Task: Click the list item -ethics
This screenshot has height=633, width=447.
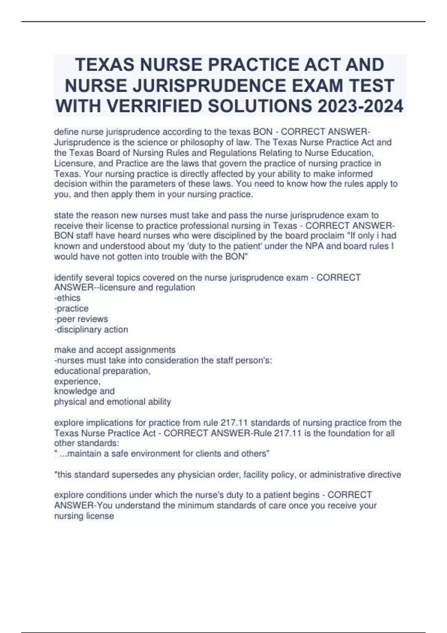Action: [67, 298]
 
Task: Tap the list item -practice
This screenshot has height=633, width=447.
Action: [72, 308]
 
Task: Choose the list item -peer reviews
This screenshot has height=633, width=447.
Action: [81, 319]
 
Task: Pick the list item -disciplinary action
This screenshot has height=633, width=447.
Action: [91, 329]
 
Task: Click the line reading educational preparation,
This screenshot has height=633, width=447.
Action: [102, 371]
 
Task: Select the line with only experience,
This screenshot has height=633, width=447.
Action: [77, 381]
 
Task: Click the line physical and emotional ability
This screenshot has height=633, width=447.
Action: [112, 402]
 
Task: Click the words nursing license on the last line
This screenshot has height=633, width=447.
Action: [84, 516]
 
